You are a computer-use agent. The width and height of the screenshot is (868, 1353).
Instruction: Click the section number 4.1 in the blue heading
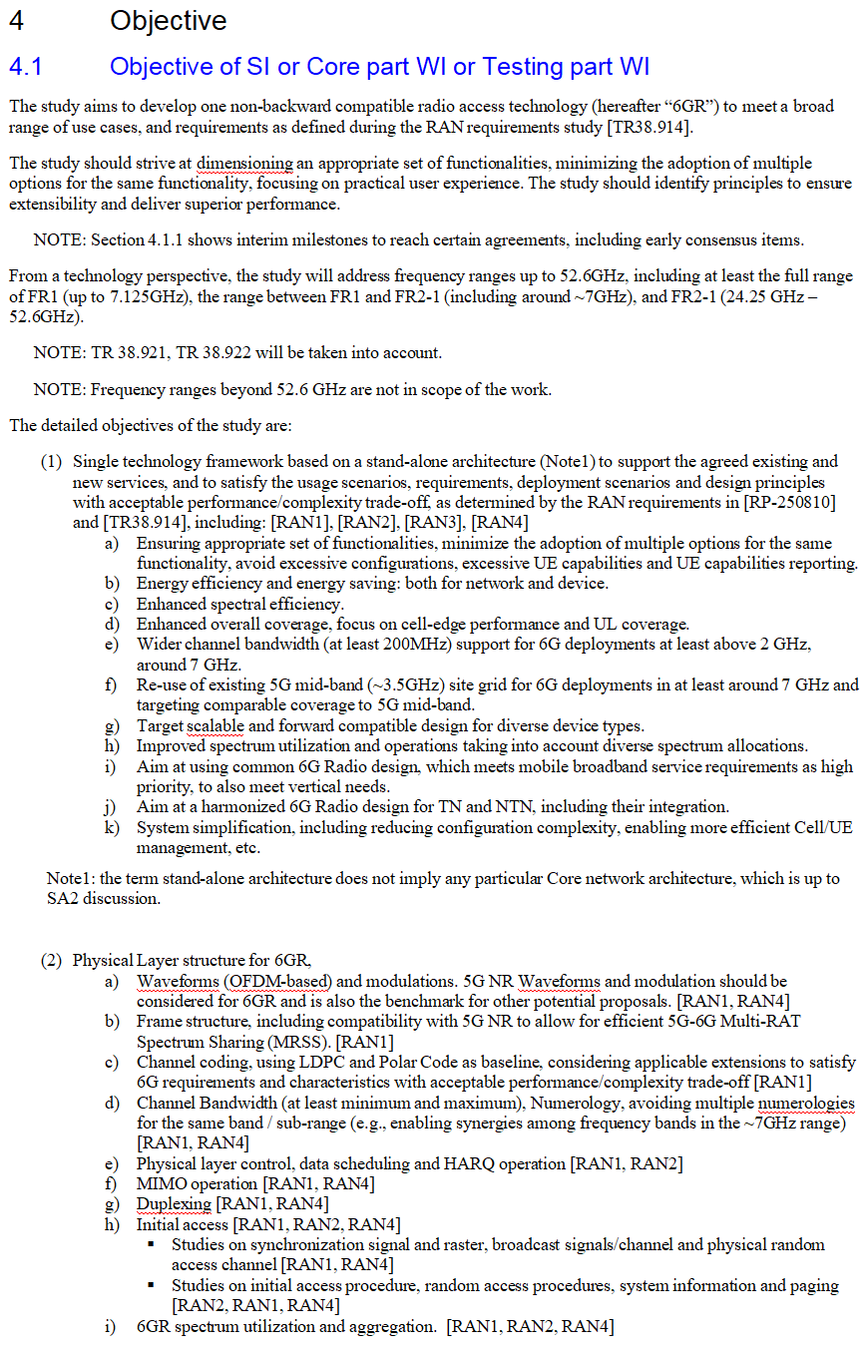click(25, 67)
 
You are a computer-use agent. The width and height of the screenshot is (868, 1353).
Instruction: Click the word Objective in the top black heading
click(168, 20)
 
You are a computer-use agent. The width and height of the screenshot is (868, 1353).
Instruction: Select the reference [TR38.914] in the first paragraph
click(650, 127)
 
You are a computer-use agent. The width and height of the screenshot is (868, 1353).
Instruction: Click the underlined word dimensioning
click(244, 163)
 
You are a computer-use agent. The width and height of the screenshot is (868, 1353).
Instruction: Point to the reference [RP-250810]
click(789, 502)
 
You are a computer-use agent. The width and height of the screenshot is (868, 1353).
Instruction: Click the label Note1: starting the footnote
click(71, 878)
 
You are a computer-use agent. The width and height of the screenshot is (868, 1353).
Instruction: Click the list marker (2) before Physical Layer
click(51, 961)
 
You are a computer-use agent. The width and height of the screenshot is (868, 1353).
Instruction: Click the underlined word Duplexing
click(174, 1204)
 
